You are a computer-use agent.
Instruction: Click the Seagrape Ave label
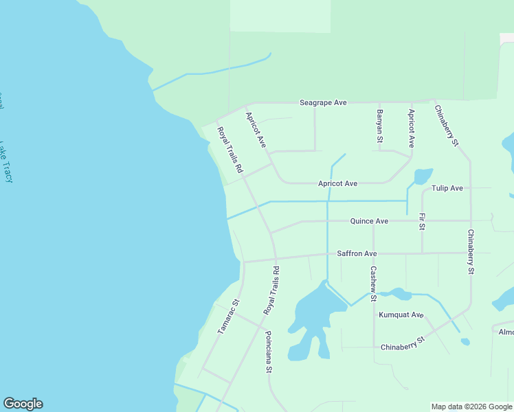pos(323,102)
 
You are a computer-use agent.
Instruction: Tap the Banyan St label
pos(379,126)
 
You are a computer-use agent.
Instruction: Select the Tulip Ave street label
pos(447,188)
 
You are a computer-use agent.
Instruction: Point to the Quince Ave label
pos(369,221)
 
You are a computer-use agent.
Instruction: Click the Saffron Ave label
pos(357,253)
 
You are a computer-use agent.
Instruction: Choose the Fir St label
pos(422,221)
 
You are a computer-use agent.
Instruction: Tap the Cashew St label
pos(373,284)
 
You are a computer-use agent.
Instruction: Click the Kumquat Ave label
pos(401,314)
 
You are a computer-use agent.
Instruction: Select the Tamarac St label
pos(227,317)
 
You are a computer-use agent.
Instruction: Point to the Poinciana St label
pos(269,354)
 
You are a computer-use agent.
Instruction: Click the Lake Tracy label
pos(6,161)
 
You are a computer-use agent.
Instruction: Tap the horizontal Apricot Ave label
pos(337,183)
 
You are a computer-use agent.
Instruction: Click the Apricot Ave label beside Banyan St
pos(411,128)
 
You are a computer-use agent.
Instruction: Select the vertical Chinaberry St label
pos(471,252)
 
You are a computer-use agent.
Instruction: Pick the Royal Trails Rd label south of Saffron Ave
pos(271,290)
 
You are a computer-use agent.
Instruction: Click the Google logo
pos(23,404)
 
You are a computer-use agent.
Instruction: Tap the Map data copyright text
pos(471,407)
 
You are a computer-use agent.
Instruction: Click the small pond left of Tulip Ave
pos(423,176)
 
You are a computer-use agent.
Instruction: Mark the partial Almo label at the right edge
pos(506,332)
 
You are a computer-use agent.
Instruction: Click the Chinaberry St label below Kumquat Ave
pos(403,343)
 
